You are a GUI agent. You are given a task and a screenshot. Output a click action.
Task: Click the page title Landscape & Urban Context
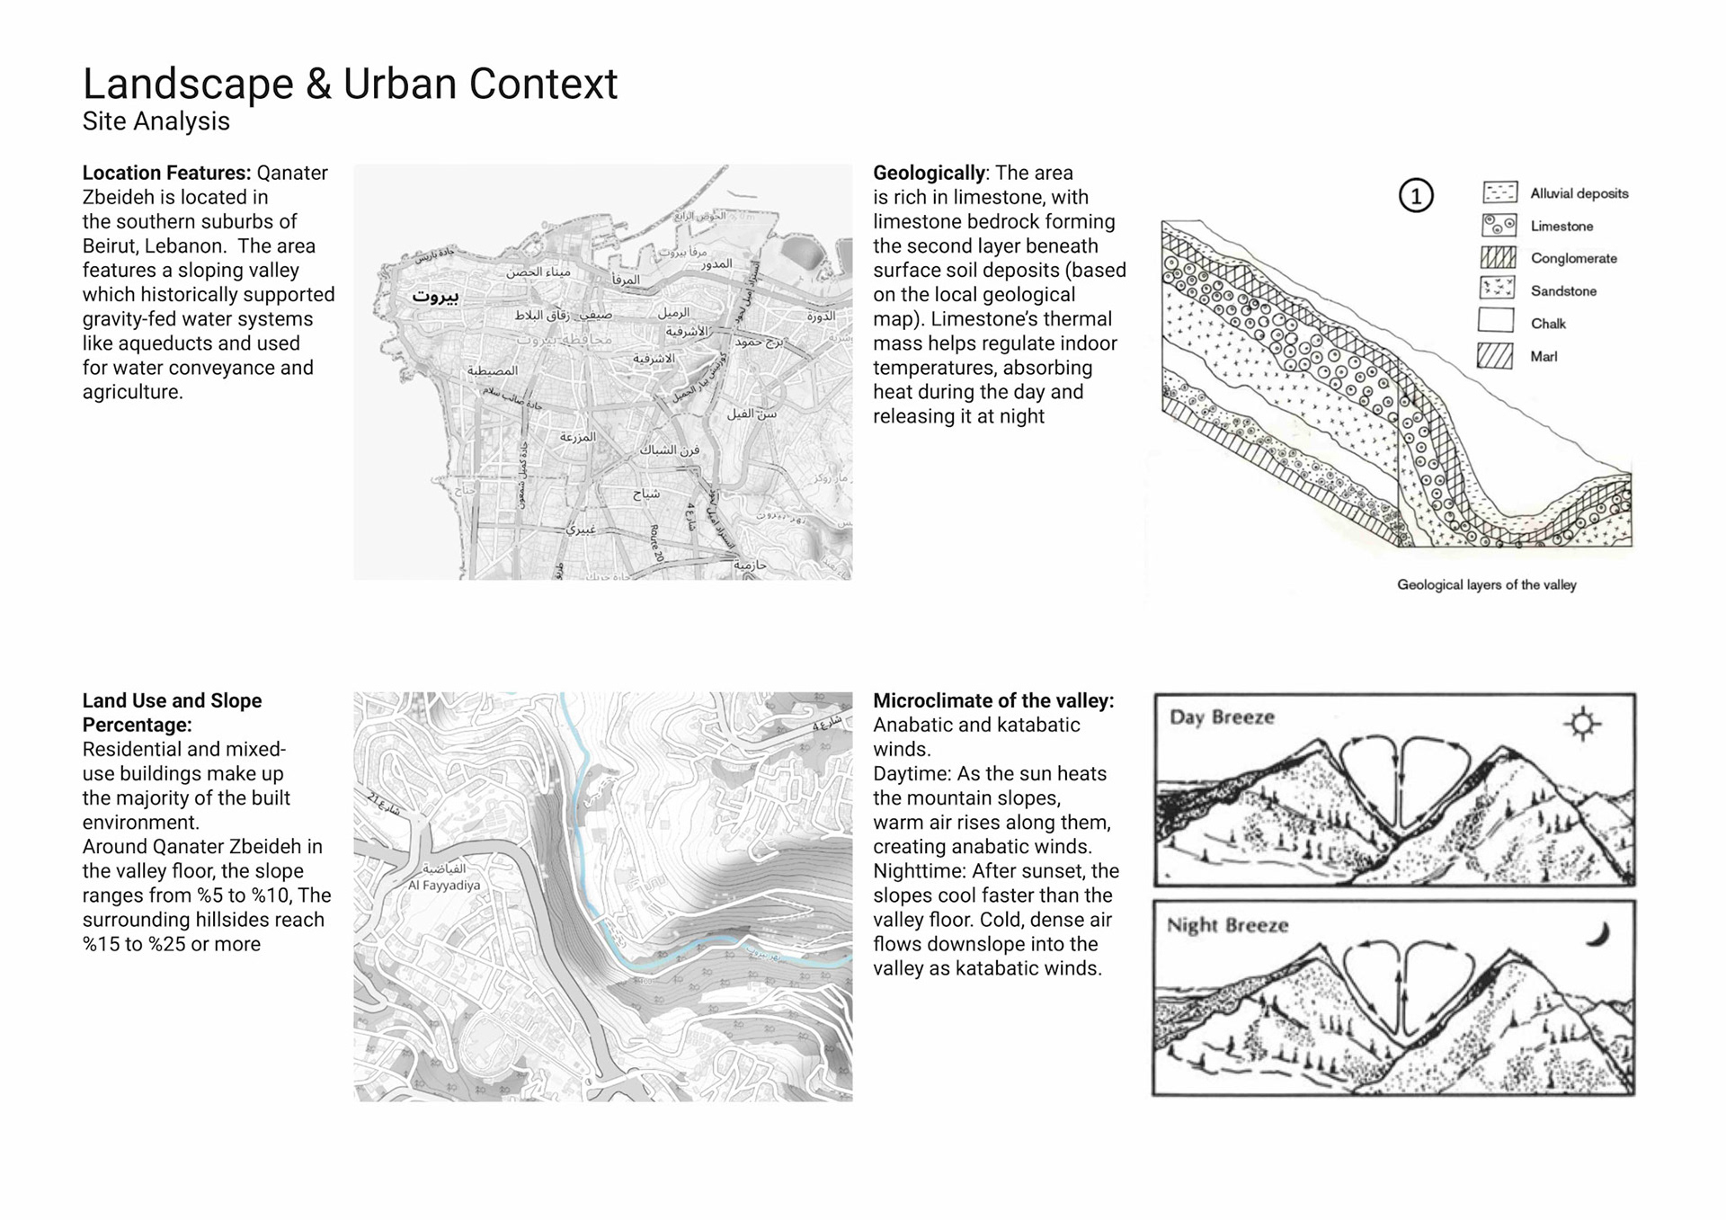coord(350,85)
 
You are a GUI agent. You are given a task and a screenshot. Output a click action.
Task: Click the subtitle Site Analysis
coord(156,121)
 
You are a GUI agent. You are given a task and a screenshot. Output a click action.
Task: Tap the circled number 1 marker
coord(1416,196)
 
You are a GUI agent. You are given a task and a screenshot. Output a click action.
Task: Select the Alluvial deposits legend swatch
coord(1499,192)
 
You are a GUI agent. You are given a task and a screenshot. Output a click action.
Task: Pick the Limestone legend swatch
coord(1499,225)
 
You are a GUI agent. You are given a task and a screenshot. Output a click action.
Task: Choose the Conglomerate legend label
coord(1573,259)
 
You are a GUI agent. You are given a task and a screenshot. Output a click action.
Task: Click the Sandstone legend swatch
coord(1498,289)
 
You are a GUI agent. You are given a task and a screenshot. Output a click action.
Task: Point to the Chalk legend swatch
coord(1497,321)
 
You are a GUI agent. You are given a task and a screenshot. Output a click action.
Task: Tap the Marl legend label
coord(1544,357)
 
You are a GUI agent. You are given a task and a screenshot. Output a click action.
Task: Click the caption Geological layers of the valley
coord(1486,585)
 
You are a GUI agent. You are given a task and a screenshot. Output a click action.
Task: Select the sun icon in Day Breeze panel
coord(1582,724)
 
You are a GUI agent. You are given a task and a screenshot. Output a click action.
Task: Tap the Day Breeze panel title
coord(1222,717)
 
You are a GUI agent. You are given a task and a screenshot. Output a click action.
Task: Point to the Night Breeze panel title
coord(1227,926)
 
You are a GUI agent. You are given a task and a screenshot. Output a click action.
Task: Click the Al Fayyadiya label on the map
coord(444,886)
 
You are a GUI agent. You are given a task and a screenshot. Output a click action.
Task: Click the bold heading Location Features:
coord(166,173)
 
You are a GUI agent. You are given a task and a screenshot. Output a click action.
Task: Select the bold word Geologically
coord(929,173)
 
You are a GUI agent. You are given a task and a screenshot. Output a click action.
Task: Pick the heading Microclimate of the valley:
coord(993,701)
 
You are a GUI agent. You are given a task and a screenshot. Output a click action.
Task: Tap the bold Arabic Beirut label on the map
coord(435,297)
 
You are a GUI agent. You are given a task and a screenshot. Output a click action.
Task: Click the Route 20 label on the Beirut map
coord(657,543)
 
